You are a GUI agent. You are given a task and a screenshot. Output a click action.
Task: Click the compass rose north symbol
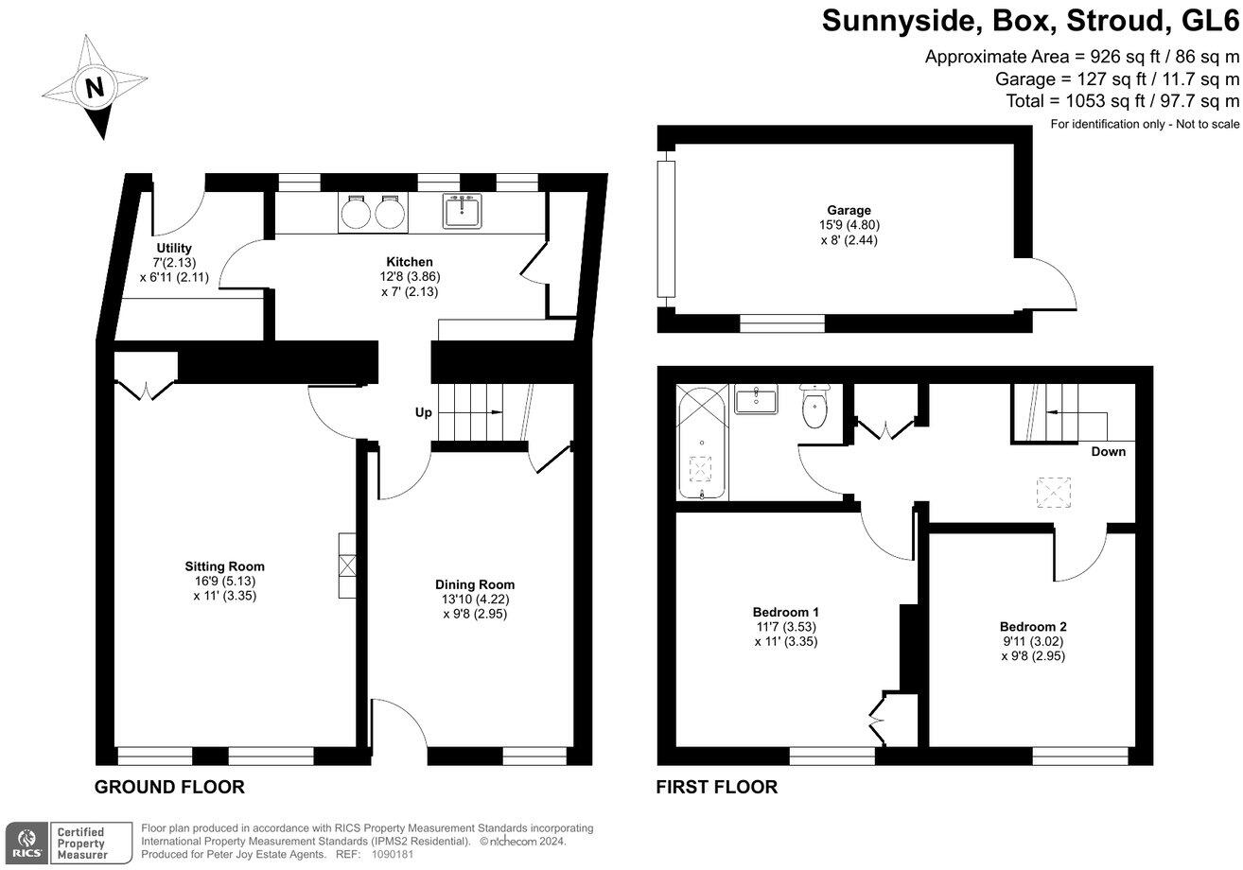pyautogui.click(x=95, y=87)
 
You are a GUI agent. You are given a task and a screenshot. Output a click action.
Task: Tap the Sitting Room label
pyautogui.click(x=224, y=566)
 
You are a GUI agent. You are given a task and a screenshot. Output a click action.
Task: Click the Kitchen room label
pyautogui.click(x=410, y=262)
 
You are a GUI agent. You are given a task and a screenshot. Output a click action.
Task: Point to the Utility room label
pyautogui.click(x=174, y=248)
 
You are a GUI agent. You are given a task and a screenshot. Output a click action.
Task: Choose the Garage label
pyautogui.click(x=848, y=210)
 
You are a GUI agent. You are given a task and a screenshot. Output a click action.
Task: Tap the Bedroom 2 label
pyautogui.click(x=1033, y=626)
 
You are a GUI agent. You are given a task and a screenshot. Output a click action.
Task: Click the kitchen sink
pyautogui.click(x=463, y=211)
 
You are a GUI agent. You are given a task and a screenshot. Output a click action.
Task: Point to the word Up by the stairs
pyautogui.click(x=425, y=413)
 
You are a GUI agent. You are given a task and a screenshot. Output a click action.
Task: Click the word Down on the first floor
pyautogui.click(x=1108, y=451)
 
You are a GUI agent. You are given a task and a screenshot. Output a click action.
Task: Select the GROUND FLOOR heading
pyautogui.click(x=169, y=787)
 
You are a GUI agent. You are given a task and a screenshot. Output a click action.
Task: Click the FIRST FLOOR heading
pyautogui.click(x=717, y=787)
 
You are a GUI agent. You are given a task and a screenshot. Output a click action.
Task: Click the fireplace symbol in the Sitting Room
pyautogui.click(x=347, y=565)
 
